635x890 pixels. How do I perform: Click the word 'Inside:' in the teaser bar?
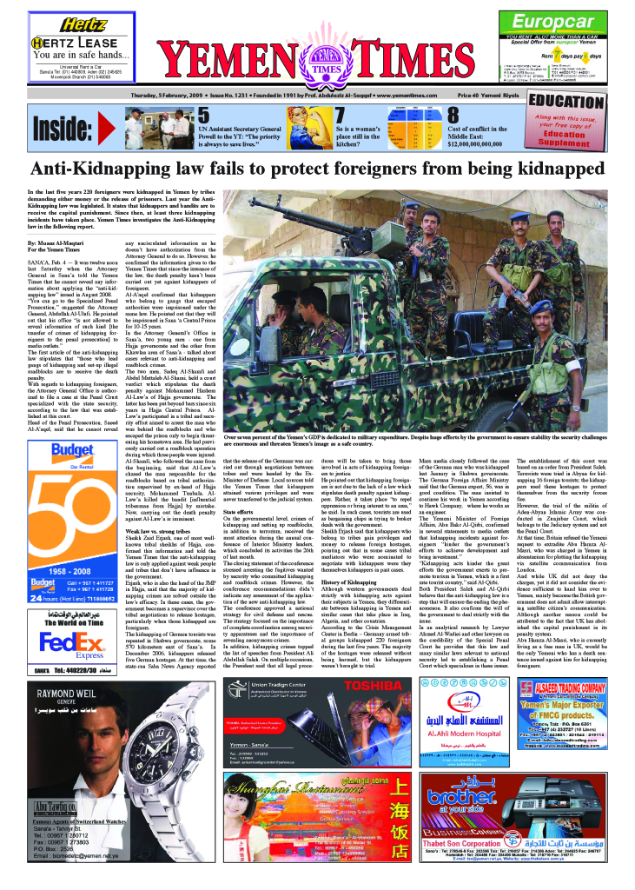[x=68, y=128]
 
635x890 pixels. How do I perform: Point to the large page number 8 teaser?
[x=453, y=116]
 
